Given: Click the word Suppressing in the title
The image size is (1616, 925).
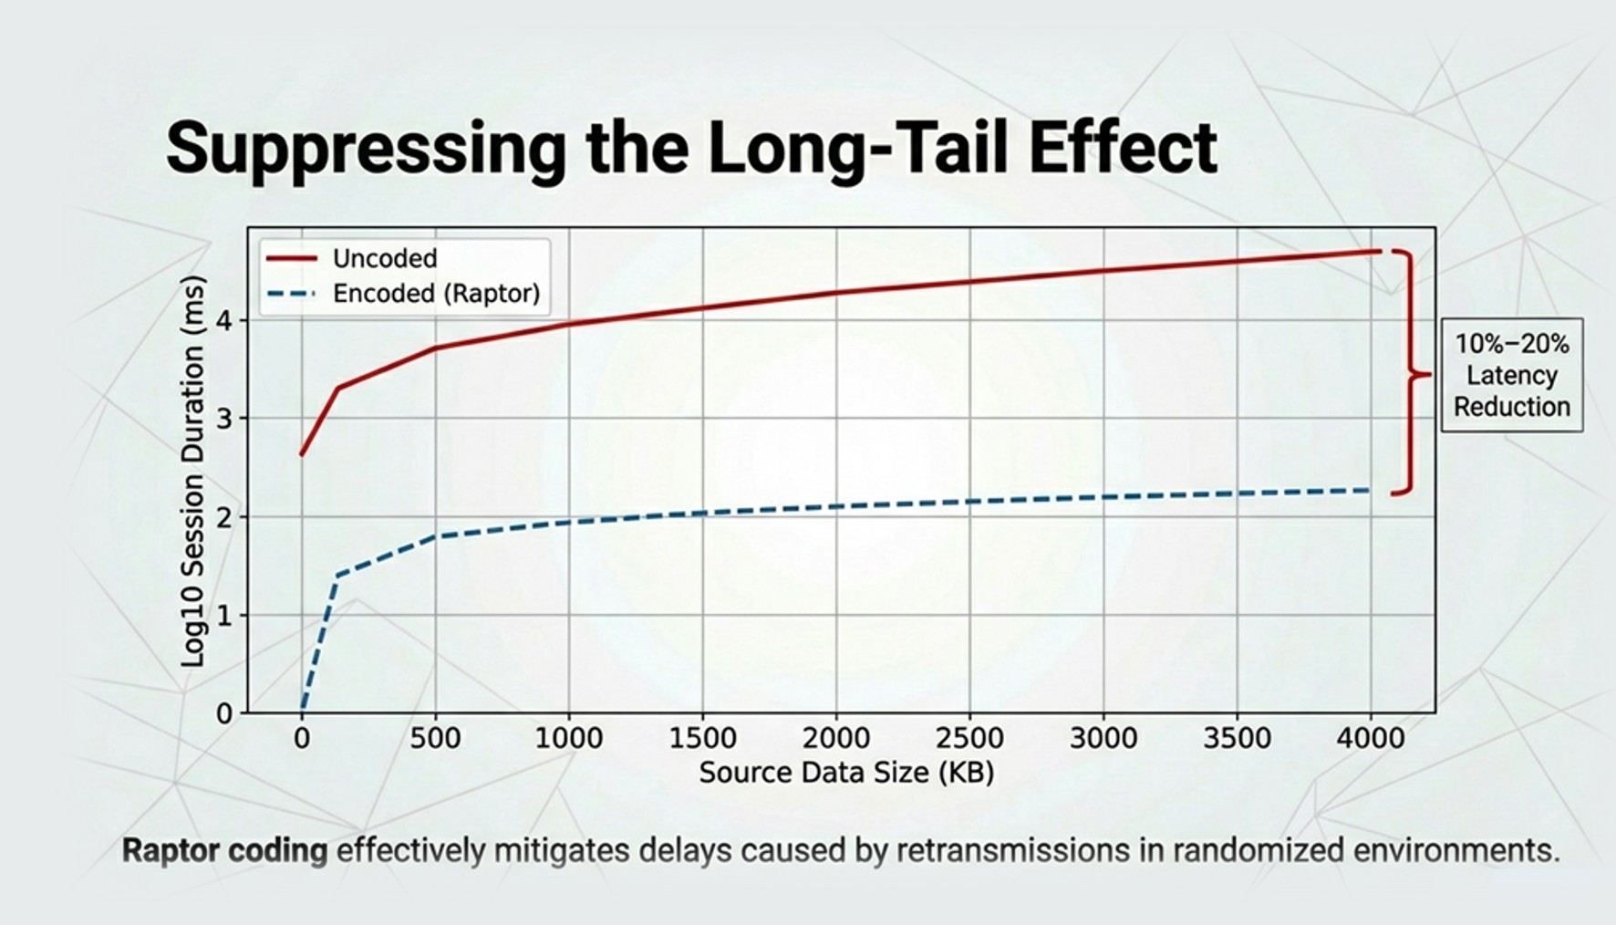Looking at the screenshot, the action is click(366, 148).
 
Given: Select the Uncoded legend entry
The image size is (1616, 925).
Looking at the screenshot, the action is click(351, 259).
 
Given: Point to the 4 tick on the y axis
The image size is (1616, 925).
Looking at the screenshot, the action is click(224, 321).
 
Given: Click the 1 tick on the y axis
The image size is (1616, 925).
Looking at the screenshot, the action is click(224, 616).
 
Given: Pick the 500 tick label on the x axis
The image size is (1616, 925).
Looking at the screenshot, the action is click(435, 738).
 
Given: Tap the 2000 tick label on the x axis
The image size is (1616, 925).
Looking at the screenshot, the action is click(836, 738).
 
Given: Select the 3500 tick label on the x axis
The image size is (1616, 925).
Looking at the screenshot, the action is click(1237, 738).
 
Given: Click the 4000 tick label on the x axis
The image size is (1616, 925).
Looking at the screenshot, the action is click(1371, 738).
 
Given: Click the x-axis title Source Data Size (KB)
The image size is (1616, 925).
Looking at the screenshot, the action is click(846, 774).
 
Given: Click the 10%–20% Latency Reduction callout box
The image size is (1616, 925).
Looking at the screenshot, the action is click(1512, 375).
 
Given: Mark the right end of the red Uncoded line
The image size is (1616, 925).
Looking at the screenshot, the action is click(1381, 251).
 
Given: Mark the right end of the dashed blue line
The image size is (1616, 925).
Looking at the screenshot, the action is click(1371, 490).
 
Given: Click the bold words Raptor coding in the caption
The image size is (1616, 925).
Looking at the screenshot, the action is click(224, 851).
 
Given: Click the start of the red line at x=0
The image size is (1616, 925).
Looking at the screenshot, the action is click(302, 454).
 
